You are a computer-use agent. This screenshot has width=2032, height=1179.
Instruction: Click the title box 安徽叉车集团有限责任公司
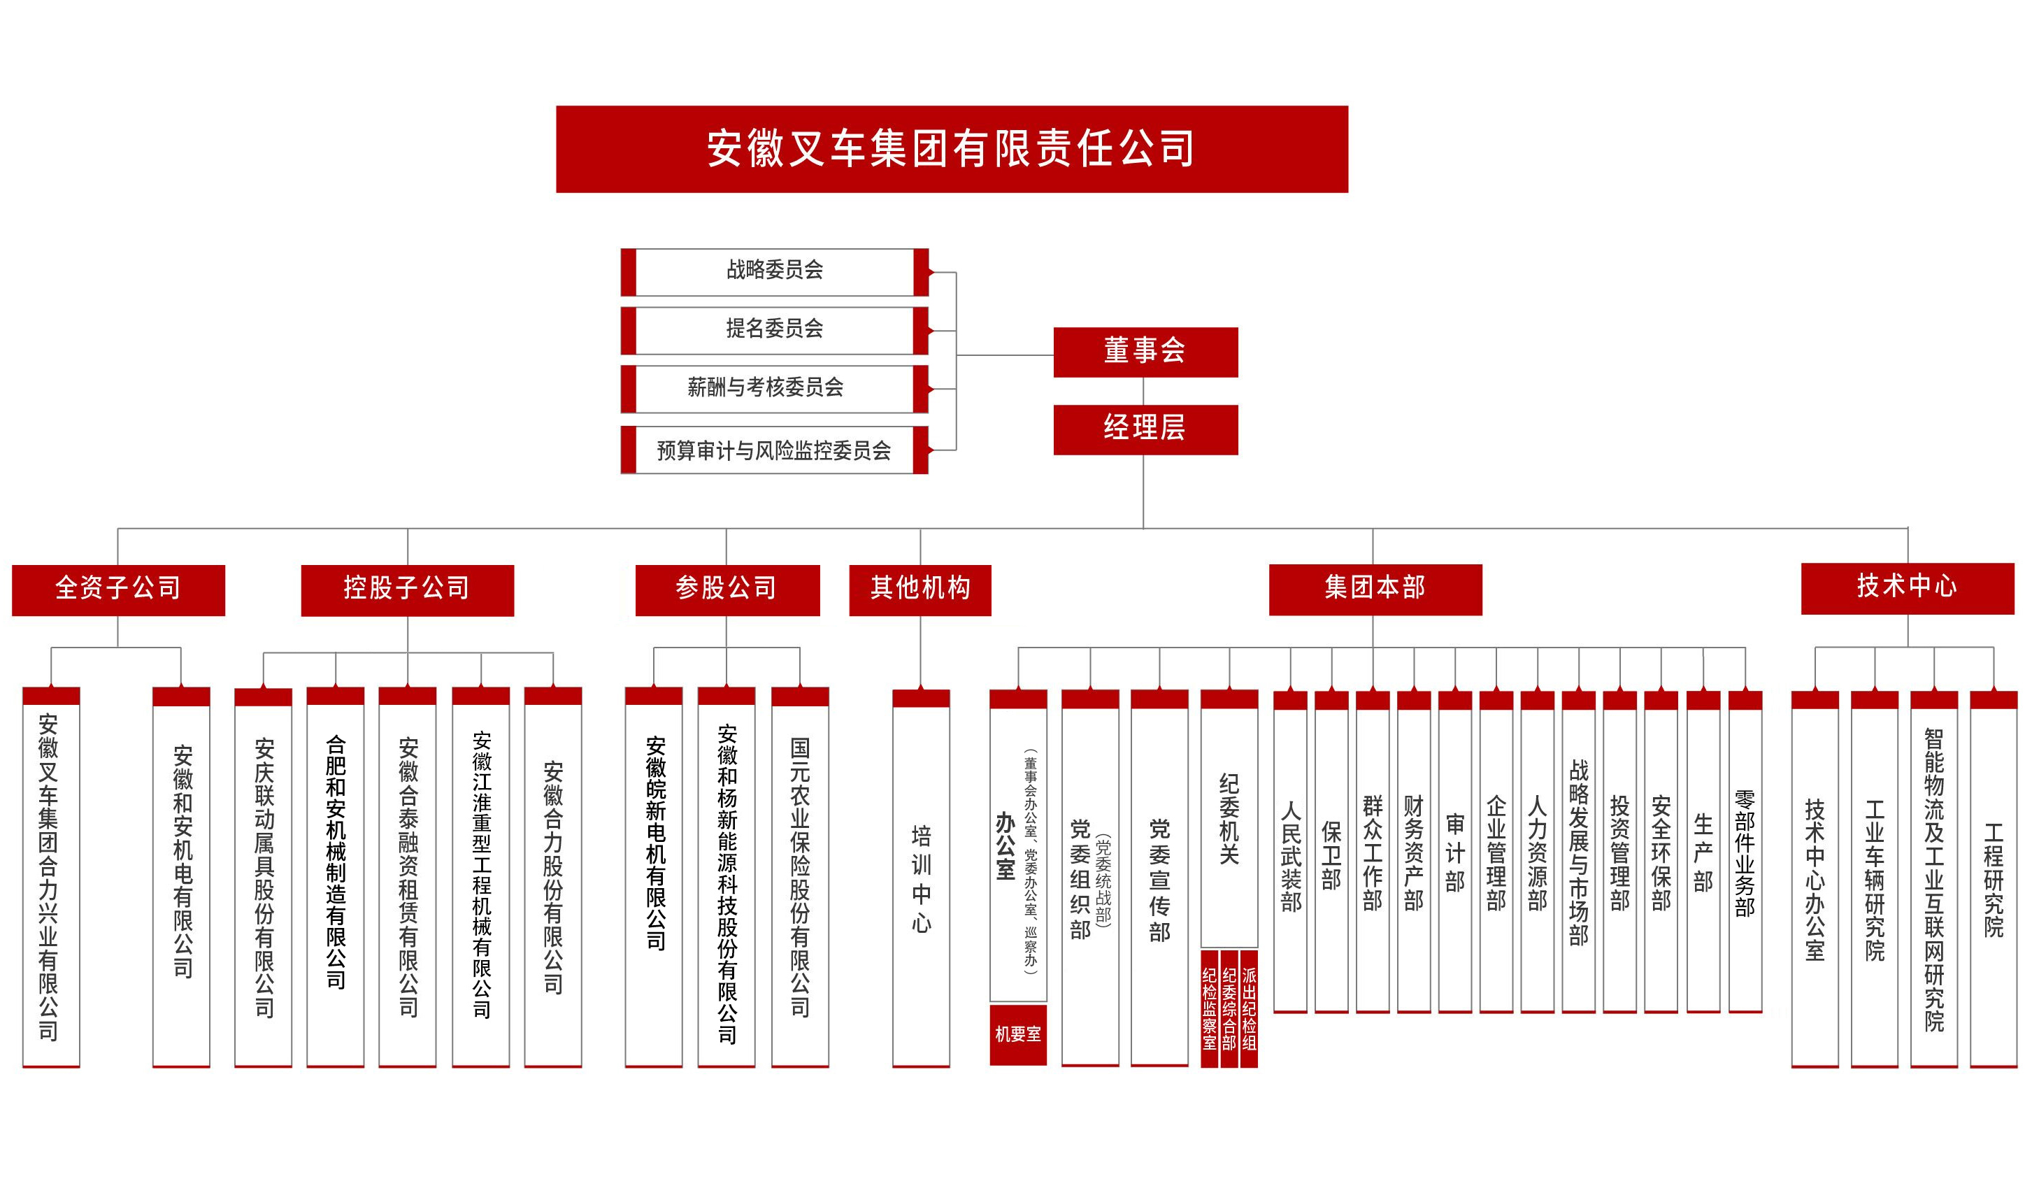click(952, 149)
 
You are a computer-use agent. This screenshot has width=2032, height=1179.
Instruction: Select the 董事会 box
click(1145, 352)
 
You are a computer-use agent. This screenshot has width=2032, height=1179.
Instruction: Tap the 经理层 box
click(1145, 429)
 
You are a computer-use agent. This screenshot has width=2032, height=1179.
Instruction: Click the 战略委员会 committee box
click(774, 271)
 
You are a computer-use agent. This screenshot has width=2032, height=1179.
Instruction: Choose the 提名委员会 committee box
click(774, 330)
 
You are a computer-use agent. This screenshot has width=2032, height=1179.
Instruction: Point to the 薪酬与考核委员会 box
click(774, 389)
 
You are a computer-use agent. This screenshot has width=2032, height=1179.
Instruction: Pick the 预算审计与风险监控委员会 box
click(774, 450)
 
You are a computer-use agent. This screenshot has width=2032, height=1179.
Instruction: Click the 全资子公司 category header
click(119, 589)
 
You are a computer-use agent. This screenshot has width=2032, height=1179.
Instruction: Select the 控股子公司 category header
click(407, 589)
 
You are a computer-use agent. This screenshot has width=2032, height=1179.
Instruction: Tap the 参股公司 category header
click(727, 589)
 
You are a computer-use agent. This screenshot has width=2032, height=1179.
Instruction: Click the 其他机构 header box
click(920, 589)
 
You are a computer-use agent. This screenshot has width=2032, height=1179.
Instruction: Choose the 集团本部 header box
click(1375, 589)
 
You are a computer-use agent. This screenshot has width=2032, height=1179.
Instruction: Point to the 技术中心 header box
click(1907, 588)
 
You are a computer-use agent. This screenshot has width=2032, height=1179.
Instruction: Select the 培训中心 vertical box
click(921, 879)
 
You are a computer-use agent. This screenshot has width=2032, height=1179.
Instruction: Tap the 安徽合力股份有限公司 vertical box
click(553, 879)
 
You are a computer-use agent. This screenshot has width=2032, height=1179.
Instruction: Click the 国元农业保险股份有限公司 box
click(800, 879)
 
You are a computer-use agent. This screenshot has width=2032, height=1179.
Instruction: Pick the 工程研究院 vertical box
click(1994, 879)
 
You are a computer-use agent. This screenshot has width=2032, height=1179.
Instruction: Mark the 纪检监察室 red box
click(1209, 1008)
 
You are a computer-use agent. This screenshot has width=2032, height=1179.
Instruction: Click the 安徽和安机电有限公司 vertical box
click(181, 879)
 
